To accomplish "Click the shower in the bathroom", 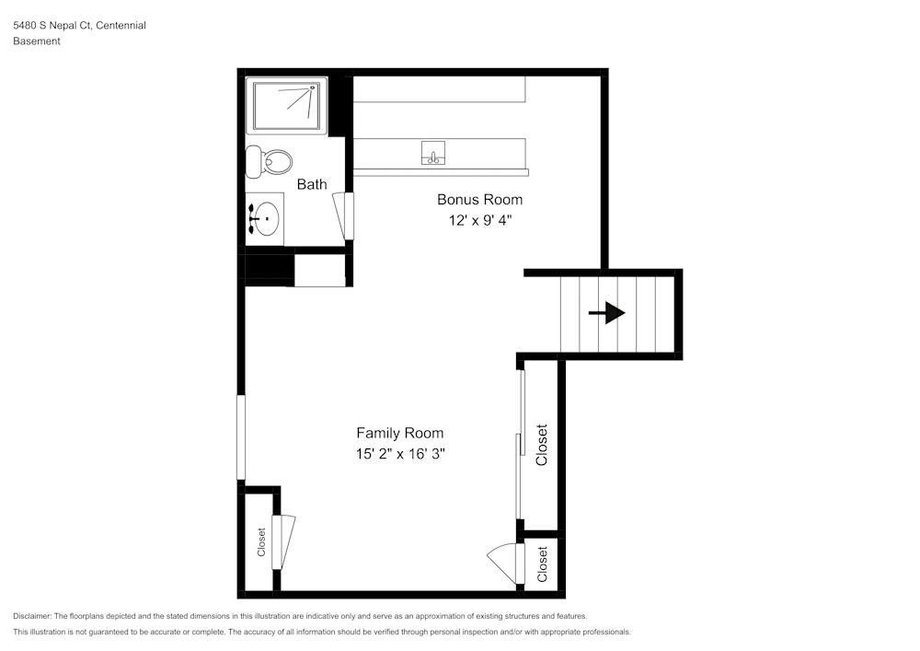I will click(287, 107).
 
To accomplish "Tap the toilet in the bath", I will click(270, 162).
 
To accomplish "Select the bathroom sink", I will click(266, 218).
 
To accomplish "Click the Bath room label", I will click(312, 184).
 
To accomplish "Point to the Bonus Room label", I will click(479, 200).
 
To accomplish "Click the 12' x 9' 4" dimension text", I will click(479, 220).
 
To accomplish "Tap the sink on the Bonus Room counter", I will click(433, 153).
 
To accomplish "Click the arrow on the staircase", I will click(606, 314).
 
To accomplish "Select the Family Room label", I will click(399, 433).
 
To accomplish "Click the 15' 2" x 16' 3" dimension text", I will click(400, 454).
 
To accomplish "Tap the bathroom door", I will click(348, 216).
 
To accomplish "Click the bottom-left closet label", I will click(261, 541).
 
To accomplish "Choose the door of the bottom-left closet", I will click(285, 541).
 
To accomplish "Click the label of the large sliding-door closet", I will click(542, 445).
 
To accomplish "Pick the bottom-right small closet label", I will click(542, 564).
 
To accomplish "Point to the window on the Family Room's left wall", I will click(241, 437).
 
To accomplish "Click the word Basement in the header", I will click(37, 41).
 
